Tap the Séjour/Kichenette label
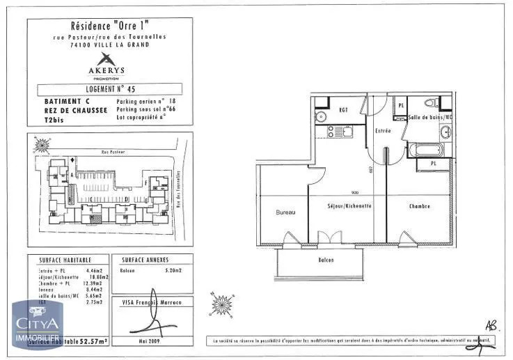pos(349,206)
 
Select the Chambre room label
pos(419,206)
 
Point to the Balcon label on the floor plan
pos(326,260)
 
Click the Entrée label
pos(382,130)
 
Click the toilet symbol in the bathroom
pos(432,104)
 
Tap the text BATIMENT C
pos(61,101)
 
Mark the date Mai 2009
pos(151,341)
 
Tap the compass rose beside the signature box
pos(222,304)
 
